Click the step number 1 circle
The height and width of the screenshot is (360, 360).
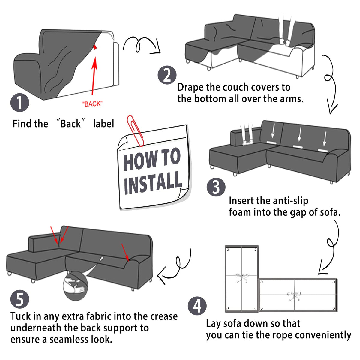click(x=20, y=103)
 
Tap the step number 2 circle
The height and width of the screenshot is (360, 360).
click(x=167, y=75)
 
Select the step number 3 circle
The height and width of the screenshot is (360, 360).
click(x=216, y=187)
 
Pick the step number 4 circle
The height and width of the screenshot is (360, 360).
click(x=197, y=306)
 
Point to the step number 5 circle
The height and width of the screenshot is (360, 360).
click(x=20, y=299)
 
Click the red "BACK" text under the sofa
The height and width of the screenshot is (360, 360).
click(x=92, y=104)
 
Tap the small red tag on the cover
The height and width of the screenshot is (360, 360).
click(x=95, y=47)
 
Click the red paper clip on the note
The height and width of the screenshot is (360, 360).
click(x=135, y=130)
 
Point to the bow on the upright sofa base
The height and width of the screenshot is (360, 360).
click(x=241, y=278)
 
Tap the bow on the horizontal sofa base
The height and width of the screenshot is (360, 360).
click(x=294, y=296)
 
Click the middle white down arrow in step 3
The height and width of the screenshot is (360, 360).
click(x=300, y=134)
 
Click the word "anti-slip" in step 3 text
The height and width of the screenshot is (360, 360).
click(x=290, y=201)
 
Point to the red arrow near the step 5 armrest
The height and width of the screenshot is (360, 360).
click(x=125, y=252)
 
